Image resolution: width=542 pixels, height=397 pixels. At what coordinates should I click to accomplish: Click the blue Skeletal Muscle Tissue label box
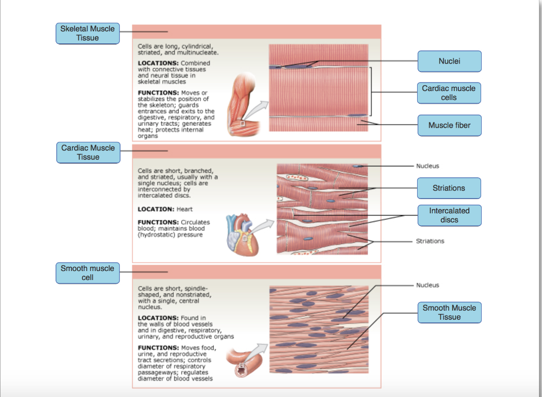point(87,33)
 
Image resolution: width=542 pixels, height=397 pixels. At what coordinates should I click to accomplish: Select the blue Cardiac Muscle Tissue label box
point(88,152)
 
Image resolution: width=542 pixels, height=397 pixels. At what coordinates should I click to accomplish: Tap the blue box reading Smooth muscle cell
point(87,273)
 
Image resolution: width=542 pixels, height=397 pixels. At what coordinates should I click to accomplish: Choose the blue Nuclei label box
point(449,61)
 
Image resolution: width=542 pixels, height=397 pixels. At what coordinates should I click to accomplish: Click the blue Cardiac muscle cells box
point(449,93)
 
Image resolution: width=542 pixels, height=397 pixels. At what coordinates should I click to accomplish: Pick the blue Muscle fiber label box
point(449,125)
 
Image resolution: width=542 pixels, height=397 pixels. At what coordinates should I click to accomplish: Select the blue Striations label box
point(449,188)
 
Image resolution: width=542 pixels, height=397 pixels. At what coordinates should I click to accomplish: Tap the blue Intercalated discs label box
point(449,215)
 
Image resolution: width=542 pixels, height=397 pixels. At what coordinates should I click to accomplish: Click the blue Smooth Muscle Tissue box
point(449,312)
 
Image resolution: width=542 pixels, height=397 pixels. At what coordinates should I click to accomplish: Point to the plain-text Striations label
point(430,241)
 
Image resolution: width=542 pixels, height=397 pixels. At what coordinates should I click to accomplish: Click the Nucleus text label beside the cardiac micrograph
point(427,166)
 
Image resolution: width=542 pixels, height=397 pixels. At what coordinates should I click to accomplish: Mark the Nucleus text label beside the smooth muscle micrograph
point(427,285)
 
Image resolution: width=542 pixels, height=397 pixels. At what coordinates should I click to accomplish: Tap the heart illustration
point(241,233)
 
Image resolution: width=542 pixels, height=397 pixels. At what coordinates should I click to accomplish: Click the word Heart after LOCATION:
point(185,209)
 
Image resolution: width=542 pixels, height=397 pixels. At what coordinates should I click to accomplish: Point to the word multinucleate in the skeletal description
point(198,53)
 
